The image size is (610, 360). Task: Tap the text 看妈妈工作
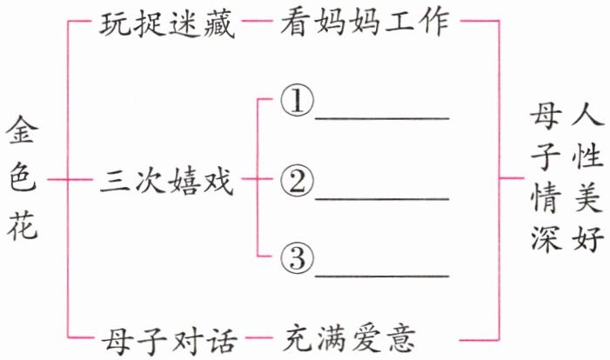click(365, 25)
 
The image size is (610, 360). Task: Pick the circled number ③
click(296, 258)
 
